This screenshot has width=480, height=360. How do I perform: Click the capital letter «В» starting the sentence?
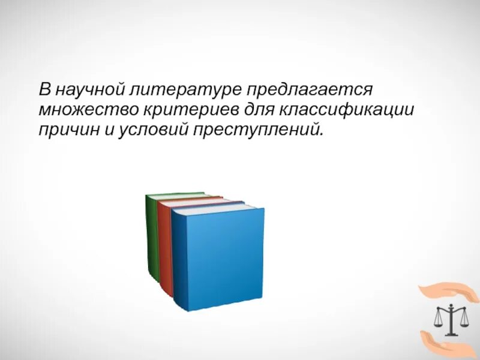(45, 91)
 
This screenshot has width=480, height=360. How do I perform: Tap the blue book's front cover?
(224, 258)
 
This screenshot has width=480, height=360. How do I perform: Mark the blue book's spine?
(178, 261)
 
